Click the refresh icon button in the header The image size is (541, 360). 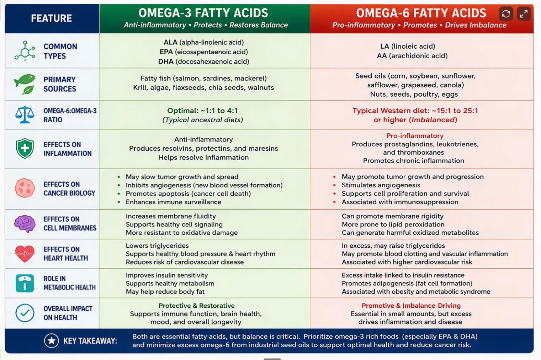506,14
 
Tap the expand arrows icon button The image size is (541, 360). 524,14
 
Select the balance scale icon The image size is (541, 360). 25,115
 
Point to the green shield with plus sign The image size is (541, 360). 25,149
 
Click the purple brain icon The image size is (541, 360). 25,224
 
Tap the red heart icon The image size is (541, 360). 25,254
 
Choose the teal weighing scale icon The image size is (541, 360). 25,283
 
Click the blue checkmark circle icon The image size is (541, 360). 25,313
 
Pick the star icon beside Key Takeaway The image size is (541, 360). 52,341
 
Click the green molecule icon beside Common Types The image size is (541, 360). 25,51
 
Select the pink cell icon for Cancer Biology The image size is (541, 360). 25,188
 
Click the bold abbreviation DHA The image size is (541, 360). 166,61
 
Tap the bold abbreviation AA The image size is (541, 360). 382,56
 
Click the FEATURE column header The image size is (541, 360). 52,18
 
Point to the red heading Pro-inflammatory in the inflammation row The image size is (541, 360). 415,136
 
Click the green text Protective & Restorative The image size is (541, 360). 197,306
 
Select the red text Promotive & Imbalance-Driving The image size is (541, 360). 411,306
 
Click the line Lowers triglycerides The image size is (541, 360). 157,246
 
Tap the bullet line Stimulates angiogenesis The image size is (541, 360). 381,185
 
